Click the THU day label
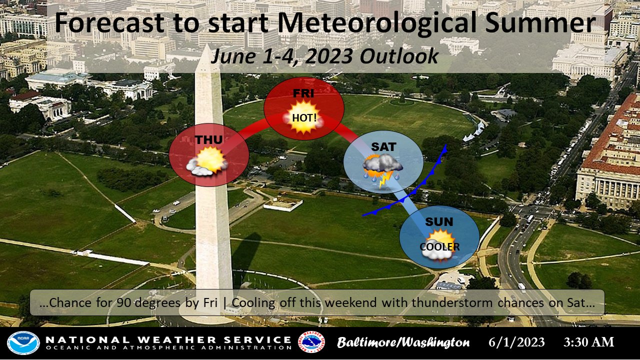(x=208, y=140)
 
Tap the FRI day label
(x=303, y=93)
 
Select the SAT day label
(x=383, y=147)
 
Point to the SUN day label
(x=439, y=221)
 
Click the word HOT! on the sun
(x=304, y=117)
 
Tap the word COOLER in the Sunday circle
(x=439, y=247)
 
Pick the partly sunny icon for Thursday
(x=207, y=161)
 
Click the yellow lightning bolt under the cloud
(x=384, y=180)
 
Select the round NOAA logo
(x=23, y=343)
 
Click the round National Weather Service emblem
(x=311, y=342)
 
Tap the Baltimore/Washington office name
(x=403, y=342)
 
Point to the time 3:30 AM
(x=588, y=342)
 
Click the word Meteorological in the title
(x=377, y=23)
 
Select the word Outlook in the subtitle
(x=399, y=56)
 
